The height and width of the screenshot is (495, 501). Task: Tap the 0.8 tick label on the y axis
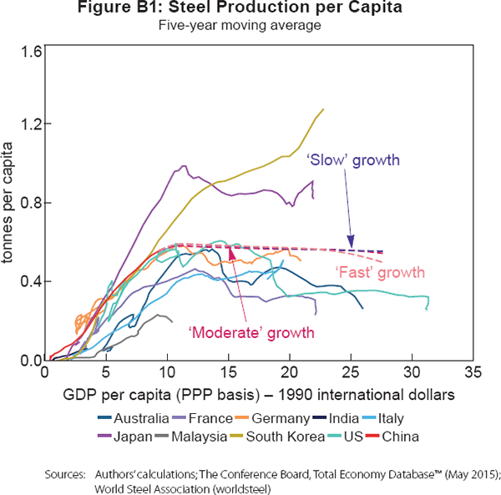[33, 203]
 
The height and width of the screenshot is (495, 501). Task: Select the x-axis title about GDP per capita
[250, 392]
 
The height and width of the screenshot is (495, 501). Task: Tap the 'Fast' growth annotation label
[379, 273]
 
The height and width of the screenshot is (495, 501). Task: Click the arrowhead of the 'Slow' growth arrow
[352, 245]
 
